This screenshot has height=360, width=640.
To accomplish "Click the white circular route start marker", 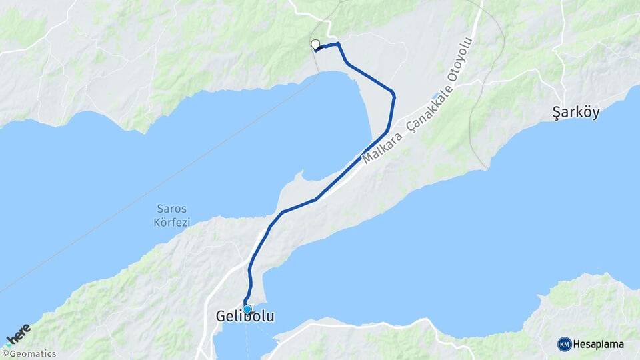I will pyautogui.click(x=315, y=45).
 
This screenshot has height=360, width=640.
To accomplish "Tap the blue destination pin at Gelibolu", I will pyautogui.click(x=247, y=309).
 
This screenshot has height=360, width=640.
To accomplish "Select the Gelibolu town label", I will pyautogui.click(x=245, y=317).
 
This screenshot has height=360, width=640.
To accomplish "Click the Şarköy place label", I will pyautogui.click(x=577, y=113).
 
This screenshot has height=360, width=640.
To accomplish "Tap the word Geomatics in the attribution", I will pyautogui.click(x=32, y=354).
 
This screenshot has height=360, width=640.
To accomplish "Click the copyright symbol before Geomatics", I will pyautogui.click(x=5, y=354).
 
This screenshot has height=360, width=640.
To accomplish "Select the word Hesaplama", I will pyautogui.click(x=599, y=345).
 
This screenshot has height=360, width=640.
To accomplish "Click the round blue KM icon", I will pyautogui.click(x=564, y=345).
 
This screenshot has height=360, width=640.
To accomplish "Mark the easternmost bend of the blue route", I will pyautogui.click(x=394, y=95).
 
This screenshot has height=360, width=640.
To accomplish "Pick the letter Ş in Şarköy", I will pyautogui.click(x=557, y=113).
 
